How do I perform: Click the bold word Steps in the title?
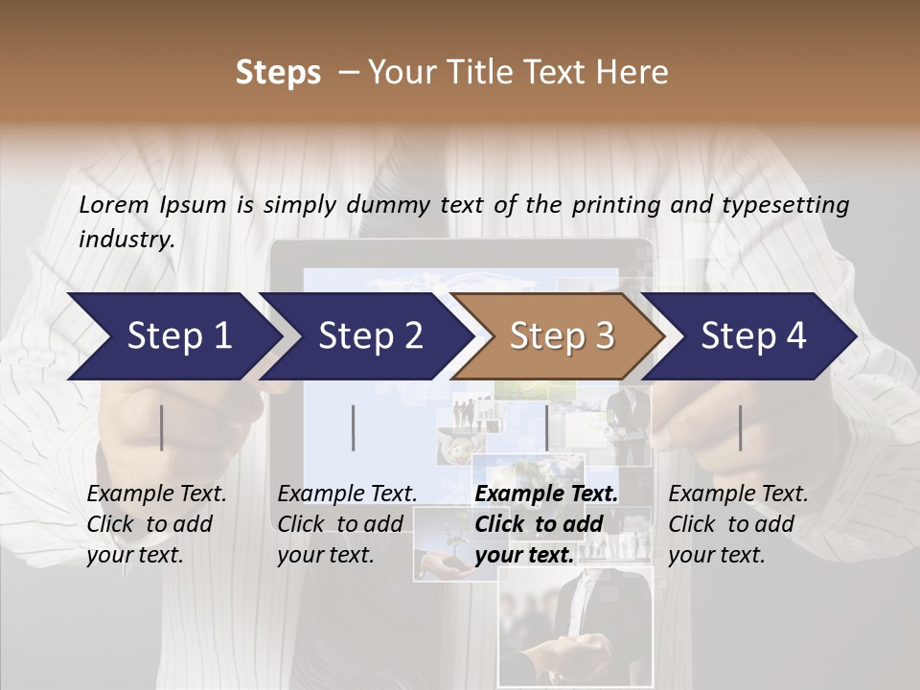[278, 73]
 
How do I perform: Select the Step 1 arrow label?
[179, 335]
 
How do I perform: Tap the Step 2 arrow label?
[371, 335]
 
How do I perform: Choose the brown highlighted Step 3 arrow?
[562, 335]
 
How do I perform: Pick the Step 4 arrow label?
[753, 335]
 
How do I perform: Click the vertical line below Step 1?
[162, 427]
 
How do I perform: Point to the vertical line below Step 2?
[354, 427]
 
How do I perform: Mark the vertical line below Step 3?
[547, 427]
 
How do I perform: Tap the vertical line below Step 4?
[741, 427]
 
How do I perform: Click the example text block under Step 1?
[156, 524]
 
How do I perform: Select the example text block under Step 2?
[347, 524]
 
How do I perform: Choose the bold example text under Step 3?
[546, 524]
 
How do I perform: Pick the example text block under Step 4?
[738, 524]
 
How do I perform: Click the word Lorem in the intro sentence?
[113, 204]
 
